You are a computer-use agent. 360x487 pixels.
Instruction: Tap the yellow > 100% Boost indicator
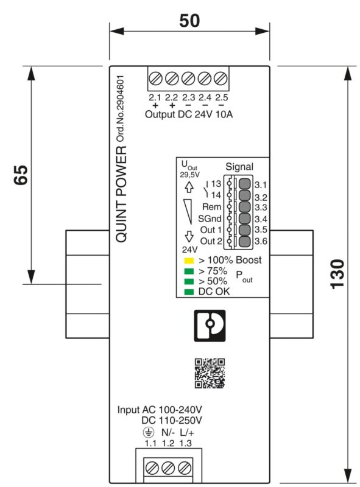(x=190, y=261)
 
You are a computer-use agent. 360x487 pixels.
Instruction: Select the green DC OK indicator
(x=190, y=292)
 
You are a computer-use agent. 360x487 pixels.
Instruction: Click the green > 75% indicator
(x=190, y=271)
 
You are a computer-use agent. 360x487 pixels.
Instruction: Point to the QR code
(x=210, y=373)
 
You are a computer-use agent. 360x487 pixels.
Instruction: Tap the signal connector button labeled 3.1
(x=244, y=184)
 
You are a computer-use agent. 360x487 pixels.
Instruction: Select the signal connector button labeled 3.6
(x=244, y=242)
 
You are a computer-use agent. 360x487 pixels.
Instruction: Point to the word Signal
(x=239, y=166)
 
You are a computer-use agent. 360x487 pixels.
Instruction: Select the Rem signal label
(x=211, y=207)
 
